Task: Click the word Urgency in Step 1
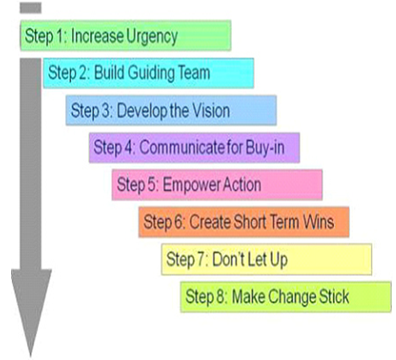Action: click(x=151, y=37)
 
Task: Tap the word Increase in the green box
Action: click(x=97, y=35)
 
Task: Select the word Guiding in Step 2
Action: click(x=151, y=73)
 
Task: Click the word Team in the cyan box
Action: click(x=194, y=72)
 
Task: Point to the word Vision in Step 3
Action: click(x=211, y=110)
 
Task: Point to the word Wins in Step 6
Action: click(x=318, y=222)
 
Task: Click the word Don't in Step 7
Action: click(x=229, y=259)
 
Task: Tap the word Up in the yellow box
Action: click(x=279, y=260)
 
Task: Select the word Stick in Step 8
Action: click(x=333, y=296)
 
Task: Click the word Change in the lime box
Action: click(x=292, y=297)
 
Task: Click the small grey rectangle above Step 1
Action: click(x=31, y=8)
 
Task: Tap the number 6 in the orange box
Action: click(x=176, y=222)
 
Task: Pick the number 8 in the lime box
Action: click(x=219, y=296)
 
